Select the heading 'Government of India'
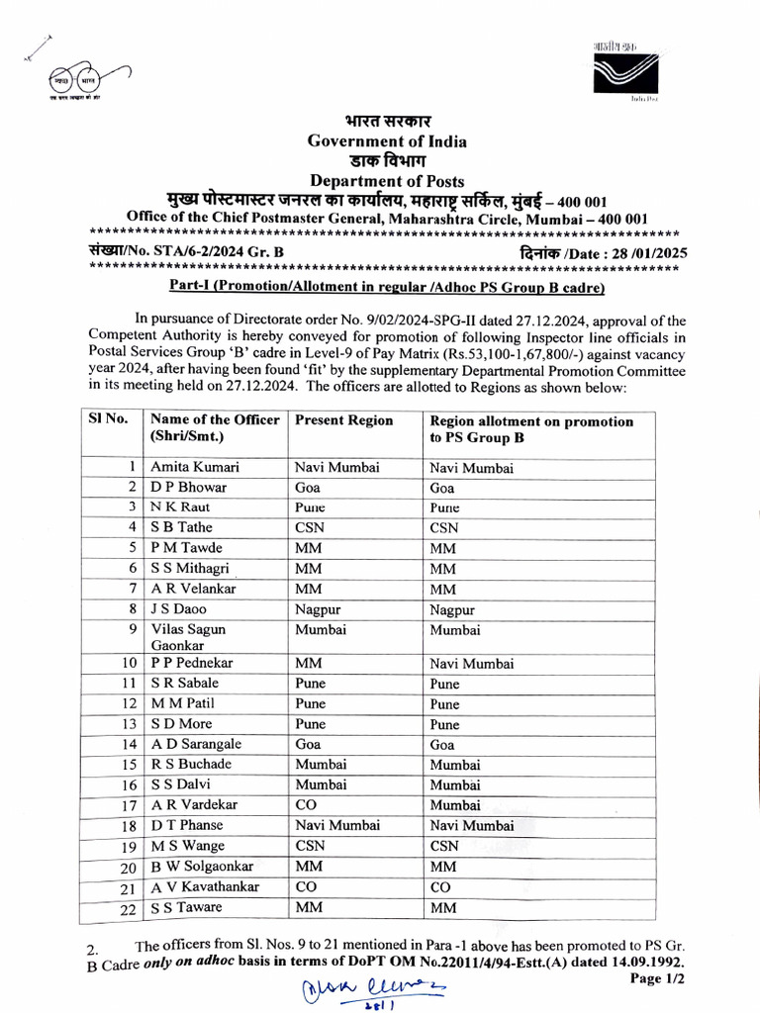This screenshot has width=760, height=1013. coord(386,141)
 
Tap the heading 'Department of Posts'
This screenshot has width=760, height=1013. coord(386,181)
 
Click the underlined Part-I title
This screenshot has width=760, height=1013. coord(384,287)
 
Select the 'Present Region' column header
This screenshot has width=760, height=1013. coord(344,420)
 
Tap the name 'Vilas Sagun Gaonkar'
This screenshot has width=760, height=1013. coord(188,637)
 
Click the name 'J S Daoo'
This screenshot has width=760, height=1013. coord(179,609)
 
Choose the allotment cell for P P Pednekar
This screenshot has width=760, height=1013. coord(472,664)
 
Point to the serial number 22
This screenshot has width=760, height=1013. coord(128,908)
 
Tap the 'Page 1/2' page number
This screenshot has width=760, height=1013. coord(656,977)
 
